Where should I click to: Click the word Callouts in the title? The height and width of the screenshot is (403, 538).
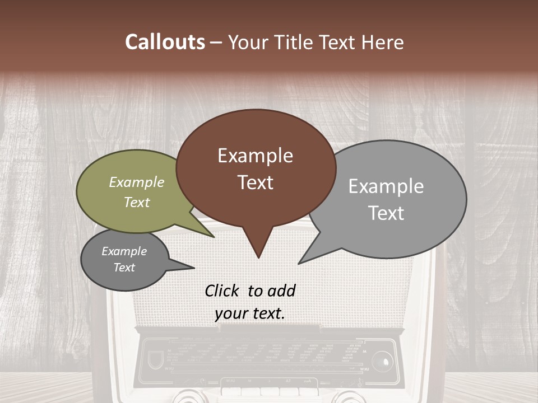(165, 42)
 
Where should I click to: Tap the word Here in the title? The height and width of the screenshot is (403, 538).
(382, 42)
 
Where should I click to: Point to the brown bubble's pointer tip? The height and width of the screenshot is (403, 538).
(258, 257)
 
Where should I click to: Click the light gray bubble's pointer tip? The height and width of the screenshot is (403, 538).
(299, 263)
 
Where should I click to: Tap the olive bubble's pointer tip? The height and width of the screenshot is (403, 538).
(214, 237)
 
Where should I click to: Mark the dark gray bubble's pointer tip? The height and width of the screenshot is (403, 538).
(194, 267)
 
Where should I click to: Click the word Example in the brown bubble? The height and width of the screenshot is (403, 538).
(255, 156)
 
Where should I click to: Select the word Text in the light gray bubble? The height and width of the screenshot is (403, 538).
(387, 213)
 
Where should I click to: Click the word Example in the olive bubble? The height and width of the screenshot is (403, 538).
(136, 182)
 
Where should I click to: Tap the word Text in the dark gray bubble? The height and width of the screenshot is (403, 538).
(124, 268)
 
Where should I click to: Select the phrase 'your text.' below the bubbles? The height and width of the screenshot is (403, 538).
(249, 313)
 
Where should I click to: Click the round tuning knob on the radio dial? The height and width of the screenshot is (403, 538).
(382, 359)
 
